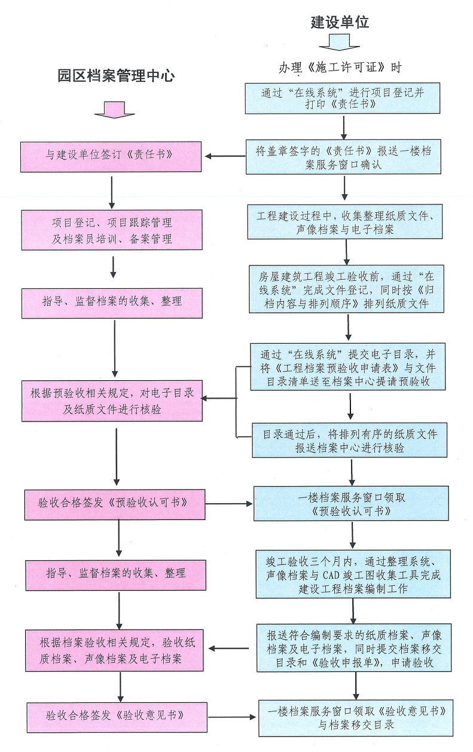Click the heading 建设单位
[x=340, y=23]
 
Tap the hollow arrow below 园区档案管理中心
[x=111, y=109]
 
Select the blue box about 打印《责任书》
[x=343, y=98]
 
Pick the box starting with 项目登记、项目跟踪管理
[x=111, y=231]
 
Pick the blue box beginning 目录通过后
[x=349, y=440]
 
